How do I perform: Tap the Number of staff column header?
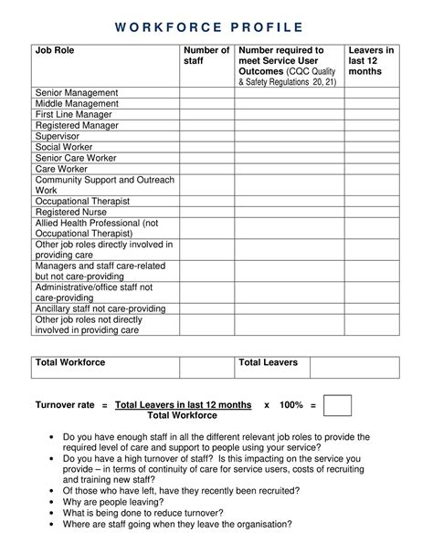(x=206, y=57)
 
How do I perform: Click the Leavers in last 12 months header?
(x=371, y=61)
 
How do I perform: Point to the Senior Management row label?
(x=77, y=93)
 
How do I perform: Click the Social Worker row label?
(x=64, y=148)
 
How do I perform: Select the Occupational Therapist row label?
(x=82, y=201)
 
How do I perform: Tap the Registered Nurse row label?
(x=71, y=212)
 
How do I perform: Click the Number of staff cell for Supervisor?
(x=206, y=137)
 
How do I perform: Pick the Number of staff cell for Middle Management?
(x=206, y=104)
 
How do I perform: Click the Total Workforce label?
(x=70, y=362)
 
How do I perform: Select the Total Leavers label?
(x=269, y=362)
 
